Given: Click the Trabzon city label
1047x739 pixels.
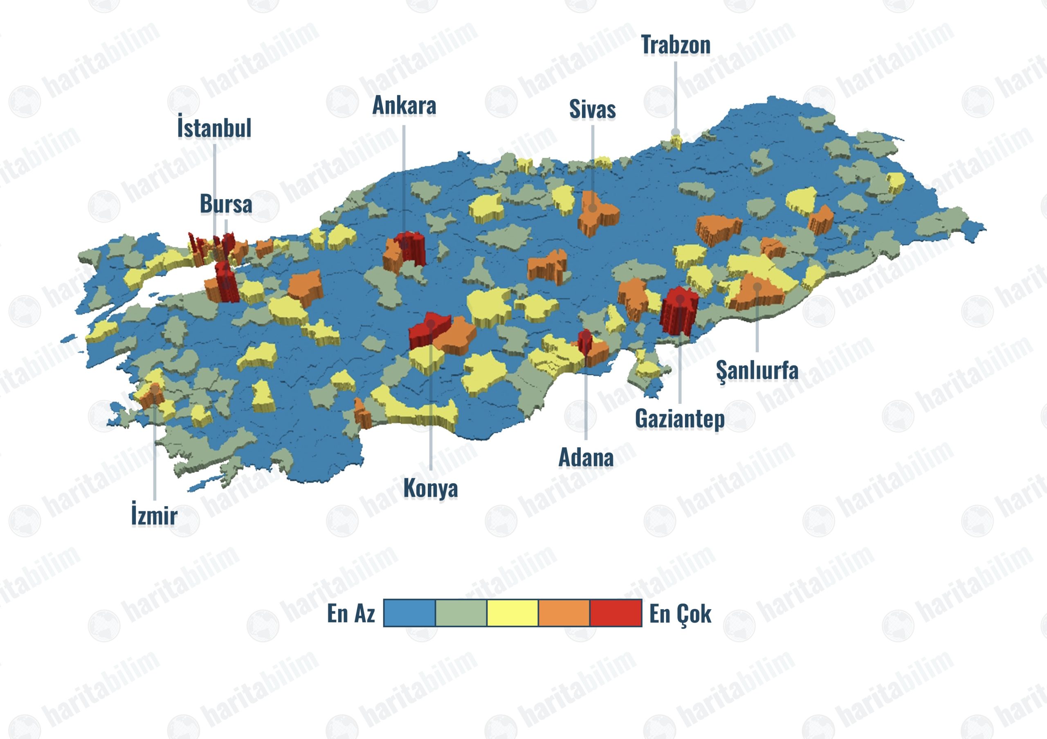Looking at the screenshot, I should (x=675, y=45).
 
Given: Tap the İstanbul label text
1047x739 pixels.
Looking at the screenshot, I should (x=214, y=128).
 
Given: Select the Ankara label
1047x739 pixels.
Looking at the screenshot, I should (x=404, y=106).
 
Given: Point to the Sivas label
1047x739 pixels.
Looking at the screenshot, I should (x=592, y=110).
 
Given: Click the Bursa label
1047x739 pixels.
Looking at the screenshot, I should (x=226, y=204).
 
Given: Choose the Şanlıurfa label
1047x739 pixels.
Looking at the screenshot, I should (x=757, y=370).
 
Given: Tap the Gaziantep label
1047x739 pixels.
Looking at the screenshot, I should (x=679, y=419).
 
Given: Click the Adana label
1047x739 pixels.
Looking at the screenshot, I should (x=586, y=457).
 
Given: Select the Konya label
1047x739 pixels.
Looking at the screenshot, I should (x=431, y=489).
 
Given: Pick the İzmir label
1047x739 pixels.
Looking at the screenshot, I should (x=154, y=516).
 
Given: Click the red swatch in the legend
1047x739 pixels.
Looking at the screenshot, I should (x=616, y=613).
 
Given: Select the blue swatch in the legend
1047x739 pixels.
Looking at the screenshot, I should (x=409, y=613).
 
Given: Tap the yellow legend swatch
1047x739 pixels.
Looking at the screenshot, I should (x=512, y=613).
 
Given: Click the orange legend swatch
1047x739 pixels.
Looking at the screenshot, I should (x=564, y=613).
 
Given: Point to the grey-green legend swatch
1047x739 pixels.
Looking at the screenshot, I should (x=461, y=613).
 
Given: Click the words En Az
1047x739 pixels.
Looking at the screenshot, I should (x=351, y=613).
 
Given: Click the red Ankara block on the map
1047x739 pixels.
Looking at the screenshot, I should (x=410, y=249).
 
